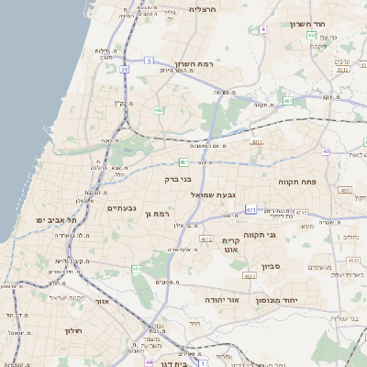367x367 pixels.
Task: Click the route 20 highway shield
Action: tap(124, 68)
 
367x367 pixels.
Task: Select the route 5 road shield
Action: tap(148, 61)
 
